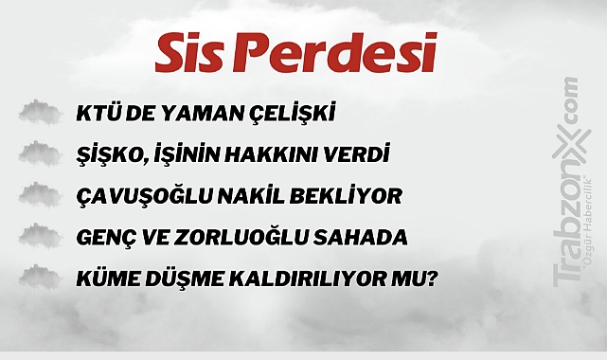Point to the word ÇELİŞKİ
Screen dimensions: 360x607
[294, 116]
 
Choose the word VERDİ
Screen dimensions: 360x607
[365, 155]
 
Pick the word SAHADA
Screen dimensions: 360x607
[370, 237]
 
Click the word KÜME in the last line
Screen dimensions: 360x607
[104, 279]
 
